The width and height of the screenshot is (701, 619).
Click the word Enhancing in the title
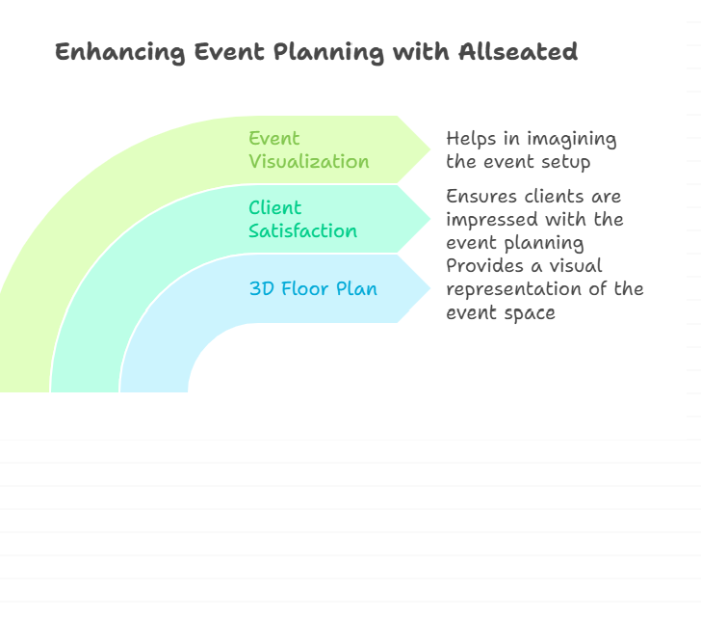[x=119, y=53]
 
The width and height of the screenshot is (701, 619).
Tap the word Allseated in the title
[x=518, y=51]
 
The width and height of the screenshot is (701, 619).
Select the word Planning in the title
[x=328, y=53]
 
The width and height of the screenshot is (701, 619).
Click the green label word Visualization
[x=309, y=162]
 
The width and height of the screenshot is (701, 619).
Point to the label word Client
[x=275, y=207]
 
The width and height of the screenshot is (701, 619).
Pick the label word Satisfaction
[x=302, y=231]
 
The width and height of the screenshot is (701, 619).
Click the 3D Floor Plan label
[x=313, y=288]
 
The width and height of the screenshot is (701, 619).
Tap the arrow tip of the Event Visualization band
[x=430, y=149]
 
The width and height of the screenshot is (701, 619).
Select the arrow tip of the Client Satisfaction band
[x=430, y=219]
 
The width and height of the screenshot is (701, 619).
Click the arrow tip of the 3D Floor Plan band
[x=430, y=288]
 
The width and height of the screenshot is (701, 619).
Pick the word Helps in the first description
[x=471, y=139]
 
